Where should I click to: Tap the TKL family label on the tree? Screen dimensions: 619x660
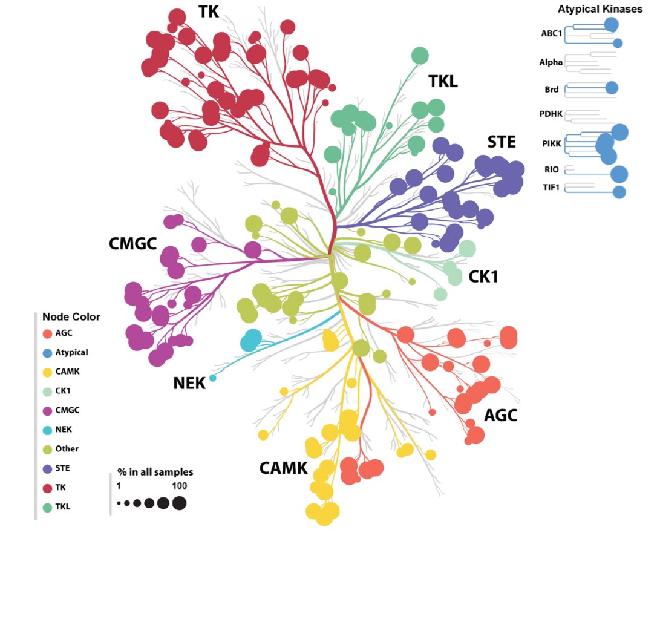[443, 80]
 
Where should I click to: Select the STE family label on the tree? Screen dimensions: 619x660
[502, 142]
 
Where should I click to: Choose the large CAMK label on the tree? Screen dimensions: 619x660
[283, 468]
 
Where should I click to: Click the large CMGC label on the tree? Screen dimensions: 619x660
[132, 244]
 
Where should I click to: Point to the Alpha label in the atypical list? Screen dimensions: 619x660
[551, 62]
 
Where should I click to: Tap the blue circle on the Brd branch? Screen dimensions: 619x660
[612, 87]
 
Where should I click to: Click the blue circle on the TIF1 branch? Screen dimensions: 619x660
[619, 192]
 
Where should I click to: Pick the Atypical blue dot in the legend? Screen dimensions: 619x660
[47, 352]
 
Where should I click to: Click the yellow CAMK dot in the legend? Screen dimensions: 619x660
[47, 371]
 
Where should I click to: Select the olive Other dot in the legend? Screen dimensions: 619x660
[47, 449]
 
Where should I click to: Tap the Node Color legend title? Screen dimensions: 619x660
[71, 316]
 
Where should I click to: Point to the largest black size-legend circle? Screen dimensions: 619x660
[179, 503]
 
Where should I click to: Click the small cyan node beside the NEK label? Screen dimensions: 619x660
[212, 378]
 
